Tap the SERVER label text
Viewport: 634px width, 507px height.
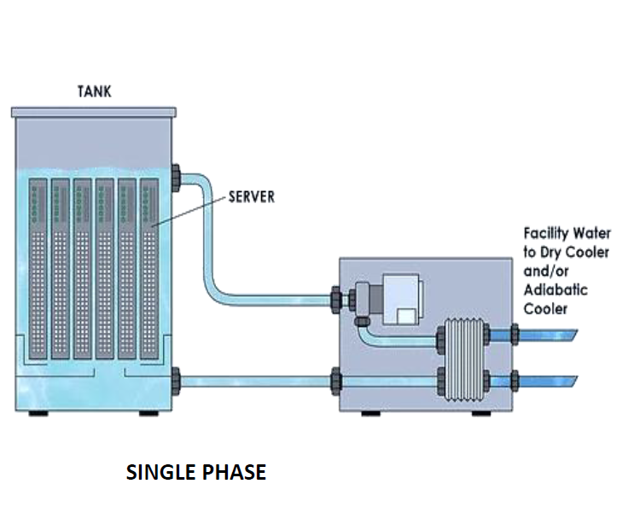[x=252, y=196]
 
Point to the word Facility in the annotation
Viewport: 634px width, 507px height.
[x=545, y=232]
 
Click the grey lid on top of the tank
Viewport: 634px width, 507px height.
[x=93, y=112]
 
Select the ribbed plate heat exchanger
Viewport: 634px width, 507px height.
[x=463, y=356]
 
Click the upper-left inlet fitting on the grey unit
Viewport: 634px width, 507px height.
[x=336, y=300]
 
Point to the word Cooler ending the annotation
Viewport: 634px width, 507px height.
[x=545, y=309]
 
